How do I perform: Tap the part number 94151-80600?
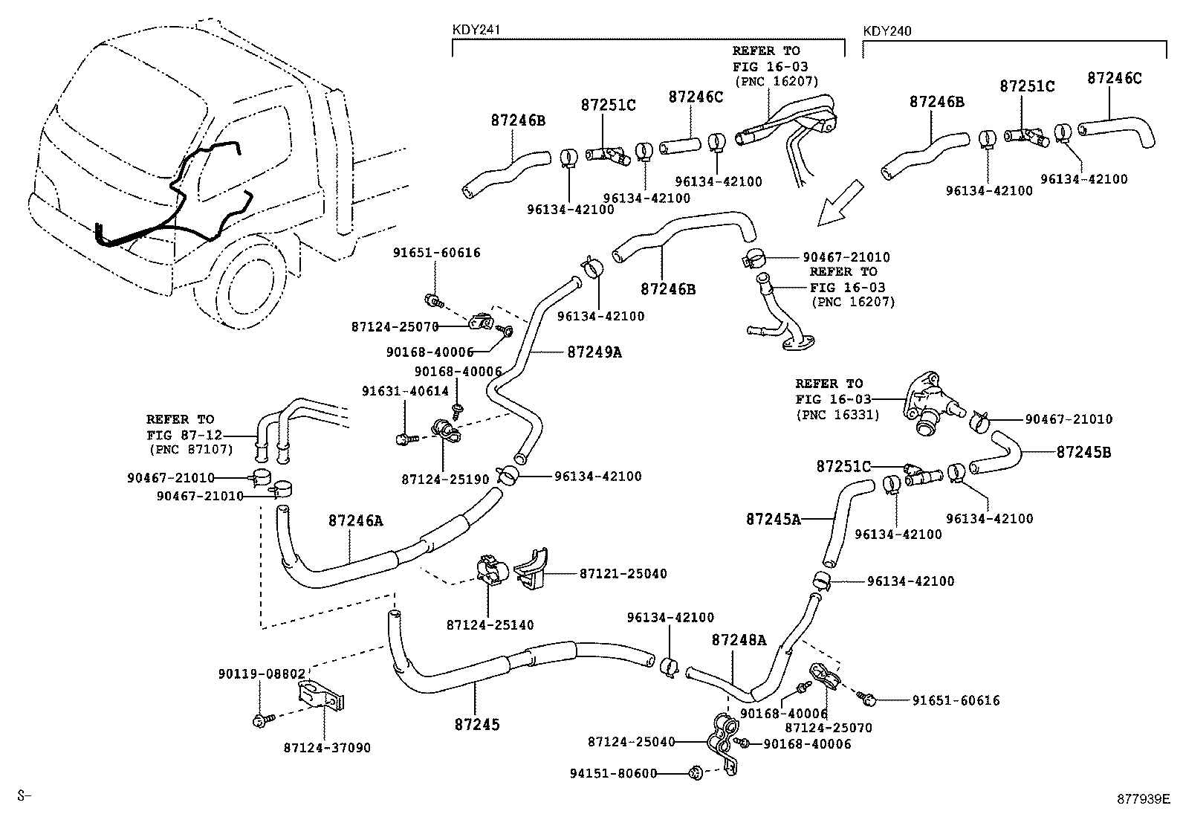(x=614, y=773)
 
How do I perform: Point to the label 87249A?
(x=594, y=352)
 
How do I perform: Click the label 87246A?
(x=355, y=521)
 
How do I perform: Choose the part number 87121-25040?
(x=623, y=574)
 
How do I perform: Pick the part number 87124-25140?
(x=490, y=625)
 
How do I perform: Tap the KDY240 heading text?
(x=887, y=30)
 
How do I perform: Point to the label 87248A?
(x=738, y=639)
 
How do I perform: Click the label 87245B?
(x=1083, y=452)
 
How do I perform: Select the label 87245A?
(x=773, y=519)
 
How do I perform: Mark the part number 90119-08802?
(x=262, y=674)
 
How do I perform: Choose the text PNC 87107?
(x=191, y=450)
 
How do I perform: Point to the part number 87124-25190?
(x=445, y=480)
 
